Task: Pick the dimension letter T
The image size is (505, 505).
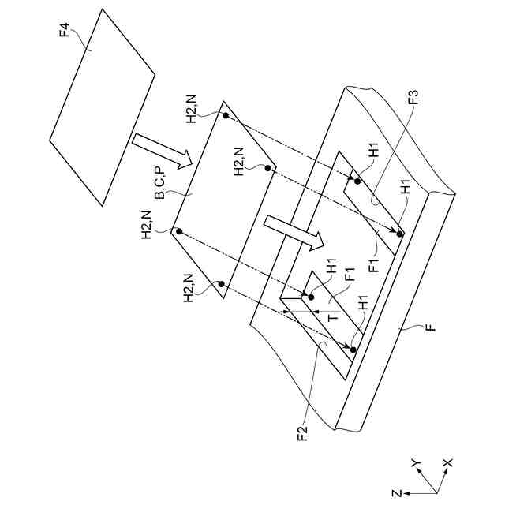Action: [x=334, y=315]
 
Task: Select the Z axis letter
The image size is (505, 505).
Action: [x=399, y=492]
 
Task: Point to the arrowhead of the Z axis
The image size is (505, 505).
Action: [x=410, y=492]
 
